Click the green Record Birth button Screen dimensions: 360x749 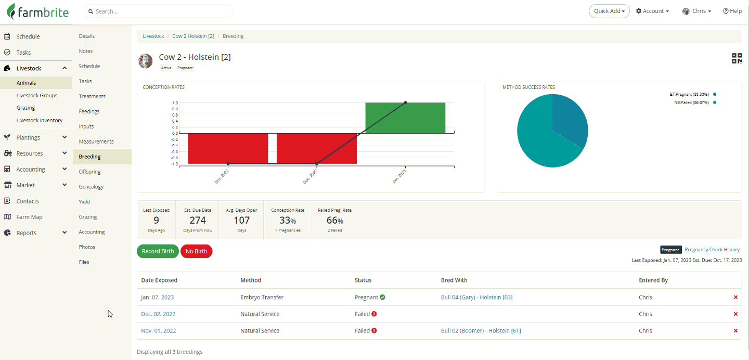point(158,251)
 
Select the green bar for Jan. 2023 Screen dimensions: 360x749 point(405,118)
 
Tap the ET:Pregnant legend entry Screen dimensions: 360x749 point(689,94)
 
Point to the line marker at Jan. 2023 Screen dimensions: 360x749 point(405,103)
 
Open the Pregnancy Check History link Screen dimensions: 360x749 point(712,250)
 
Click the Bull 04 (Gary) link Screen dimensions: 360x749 point(476,298)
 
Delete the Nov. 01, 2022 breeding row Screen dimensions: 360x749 point(735,331)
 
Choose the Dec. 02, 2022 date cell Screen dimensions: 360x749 point(159,314)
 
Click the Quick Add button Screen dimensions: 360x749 point(609,11)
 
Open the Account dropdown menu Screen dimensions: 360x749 point(652,11)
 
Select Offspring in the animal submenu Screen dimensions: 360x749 point(90,172)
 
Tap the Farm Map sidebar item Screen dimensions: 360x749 point(29,217)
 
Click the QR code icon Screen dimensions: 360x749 point(737,58)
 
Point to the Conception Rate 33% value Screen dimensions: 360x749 point(288,220)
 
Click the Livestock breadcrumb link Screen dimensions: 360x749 point(153,36)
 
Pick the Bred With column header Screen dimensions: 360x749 point(454,280)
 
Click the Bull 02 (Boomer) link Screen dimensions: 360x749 point(481,331)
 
